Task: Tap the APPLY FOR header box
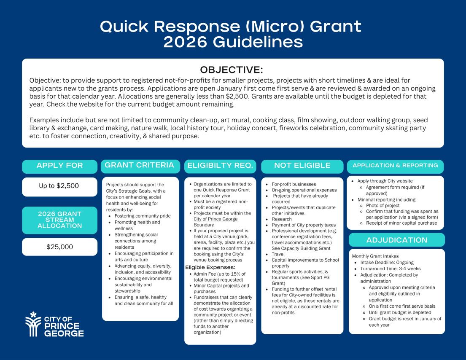[60, 166]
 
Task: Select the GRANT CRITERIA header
[139, 165]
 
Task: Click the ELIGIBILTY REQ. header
[220, 166]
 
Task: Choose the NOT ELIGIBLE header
[302, 166]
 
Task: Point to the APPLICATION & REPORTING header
[396, 166]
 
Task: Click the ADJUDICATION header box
[396, 240]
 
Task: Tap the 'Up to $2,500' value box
[59, 186]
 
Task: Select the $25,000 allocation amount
[59, 247]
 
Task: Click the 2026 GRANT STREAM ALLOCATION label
[59, 220]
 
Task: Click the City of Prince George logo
[54, 324]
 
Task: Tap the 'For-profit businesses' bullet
[294, 184]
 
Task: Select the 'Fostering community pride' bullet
[142, 216]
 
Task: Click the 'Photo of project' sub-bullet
[383, 205]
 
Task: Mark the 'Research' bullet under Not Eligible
[282, 219]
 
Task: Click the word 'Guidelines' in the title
[233, 42]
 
